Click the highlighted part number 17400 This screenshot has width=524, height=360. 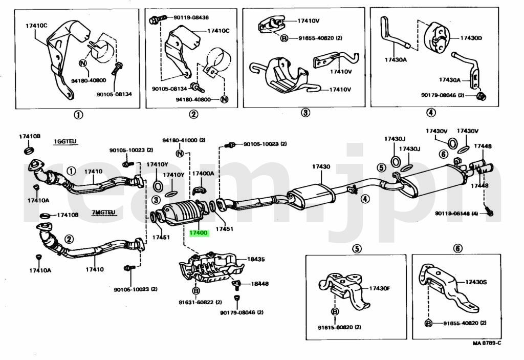199,233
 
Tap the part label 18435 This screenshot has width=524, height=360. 256,259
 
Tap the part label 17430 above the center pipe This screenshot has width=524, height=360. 321,166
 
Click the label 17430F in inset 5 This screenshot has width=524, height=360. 379,288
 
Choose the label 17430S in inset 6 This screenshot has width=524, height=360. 475,282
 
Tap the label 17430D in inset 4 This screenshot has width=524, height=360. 471,37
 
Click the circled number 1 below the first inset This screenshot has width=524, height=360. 78,115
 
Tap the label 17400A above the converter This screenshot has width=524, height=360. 203,174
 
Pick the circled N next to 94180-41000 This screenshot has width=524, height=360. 180,153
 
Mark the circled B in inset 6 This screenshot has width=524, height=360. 428,323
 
